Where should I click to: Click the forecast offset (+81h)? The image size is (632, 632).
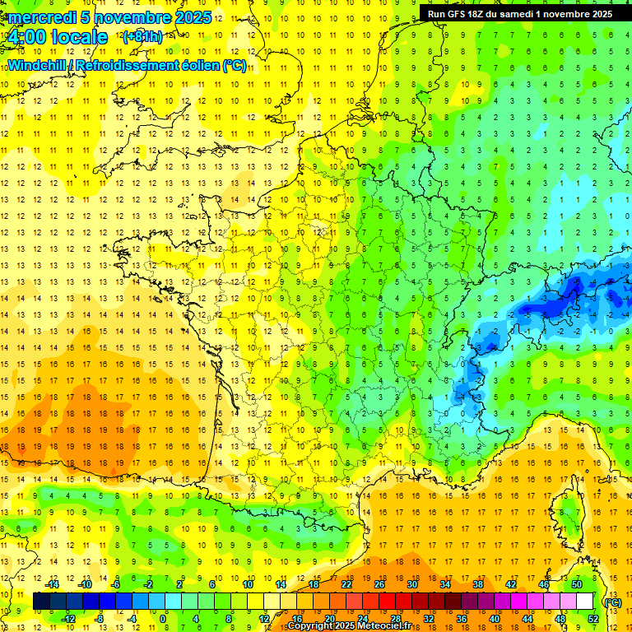[142, 37]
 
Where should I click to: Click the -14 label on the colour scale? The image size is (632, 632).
[54, 584]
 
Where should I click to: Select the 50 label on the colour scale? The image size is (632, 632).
[577, 584]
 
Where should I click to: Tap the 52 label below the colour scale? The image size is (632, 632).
[592, 619]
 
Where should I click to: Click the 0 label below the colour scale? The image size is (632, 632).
[163, 619]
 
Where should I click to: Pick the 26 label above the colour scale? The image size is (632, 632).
[379, 584]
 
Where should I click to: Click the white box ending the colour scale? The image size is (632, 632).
[584, 602]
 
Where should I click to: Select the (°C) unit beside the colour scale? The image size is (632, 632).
[612, 602]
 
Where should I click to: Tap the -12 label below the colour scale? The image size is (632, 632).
[70, 619]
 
